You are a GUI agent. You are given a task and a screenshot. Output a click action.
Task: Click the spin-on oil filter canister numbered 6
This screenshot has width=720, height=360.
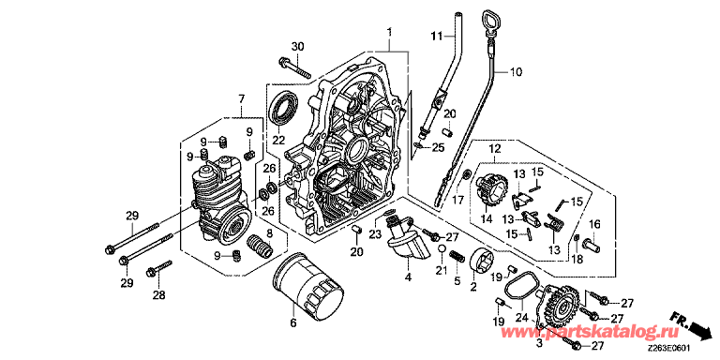[307, 285]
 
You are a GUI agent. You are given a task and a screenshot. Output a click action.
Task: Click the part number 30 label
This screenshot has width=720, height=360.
[297, 46]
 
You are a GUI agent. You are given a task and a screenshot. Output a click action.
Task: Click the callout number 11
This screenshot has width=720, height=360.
[436, 35]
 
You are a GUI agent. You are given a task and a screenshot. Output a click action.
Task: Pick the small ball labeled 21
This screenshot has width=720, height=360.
[441, 249]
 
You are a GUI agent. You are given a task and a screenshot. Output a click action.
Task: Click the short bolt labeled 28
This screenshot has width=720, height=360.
[158, 269]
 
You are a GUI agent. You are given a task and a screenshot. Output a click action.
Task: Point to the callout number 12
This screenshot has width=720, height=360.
[494, 149]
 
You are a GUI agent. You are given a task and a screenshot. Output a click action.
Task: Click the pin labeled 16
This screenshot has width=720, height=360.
[592, 243]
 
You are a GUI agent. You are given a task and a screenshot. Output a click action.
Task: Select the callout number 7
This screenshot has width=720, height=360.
[242, 98]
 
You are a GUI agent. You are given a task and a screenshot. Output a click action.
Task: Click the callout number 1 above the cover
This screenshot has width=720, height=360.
[389, 33]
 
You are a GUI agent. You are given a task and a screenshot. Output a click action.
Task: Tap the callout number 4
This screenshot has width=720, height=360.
[408, 277]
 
